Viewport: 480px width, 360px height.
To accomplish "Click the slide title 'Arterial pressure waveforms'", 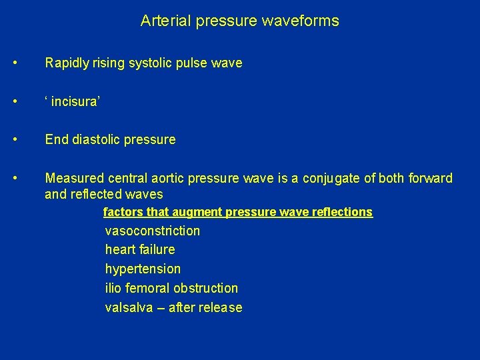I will [239, 21].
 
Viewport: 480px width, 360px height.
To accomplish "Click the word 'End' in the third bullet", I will [55, 139].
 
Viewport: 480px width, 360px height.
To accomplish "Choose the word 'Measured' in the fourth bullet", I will [71, 178].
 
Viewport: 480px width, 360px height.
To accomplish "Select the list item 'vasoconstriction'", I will [153, 231].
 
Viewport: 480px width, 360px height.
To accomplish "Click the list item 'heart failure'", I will [140, 249].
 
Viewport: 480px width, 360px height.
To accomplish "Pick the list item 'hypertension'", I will [143, 269].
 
